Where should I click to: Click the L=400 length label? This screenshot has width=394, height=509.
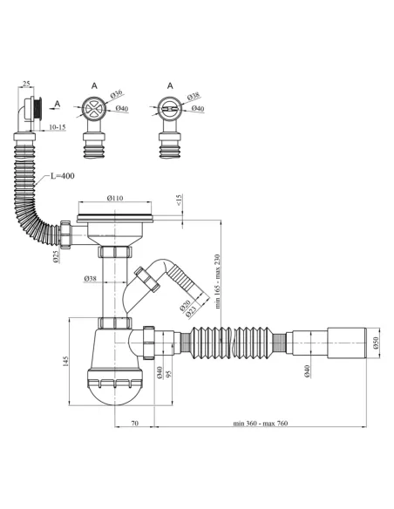[x=62, y=176]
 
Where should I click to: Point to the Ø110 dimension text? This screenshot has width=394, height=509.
[x=115, y=198]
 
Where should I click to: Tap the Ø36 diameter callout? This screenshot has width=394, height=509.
[x=116, y=94]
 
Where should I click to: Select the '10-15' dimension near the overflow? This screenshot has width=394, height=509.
[x=58, y=127]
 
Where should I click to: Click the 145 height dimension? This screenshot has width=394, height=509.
[x=66, y=362]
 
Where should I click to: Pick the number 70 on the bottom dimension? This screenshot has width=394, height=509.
[x=134, y=424]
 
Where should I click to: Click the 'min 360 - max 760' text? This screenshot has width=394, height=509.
[x=261, y=424]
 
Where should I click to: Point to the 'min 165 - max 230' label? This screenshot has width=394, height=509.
[x=217, y=282]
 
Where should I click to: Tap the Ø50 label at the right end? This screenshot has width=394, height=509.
[x=376, y=343]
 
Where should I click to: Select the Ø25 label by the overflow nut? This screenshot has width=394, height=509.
[x=57, y=256]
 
